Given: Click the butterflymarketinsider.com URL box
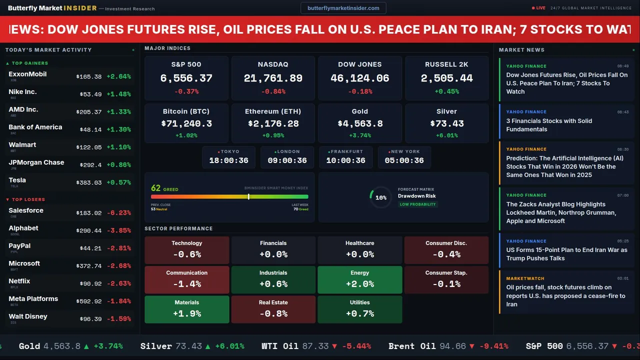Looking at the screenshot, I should pyautogui.click(x=343, y=8).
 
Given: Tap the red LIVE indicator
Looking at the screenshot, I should pyautogui.click(x=539, y=8).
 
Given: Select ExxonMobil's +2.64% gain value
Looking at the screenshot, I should pyautogui.click(x=118, y=76).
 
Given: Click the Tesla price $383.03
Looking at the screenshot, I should pyautogui.click(x=89, y=182).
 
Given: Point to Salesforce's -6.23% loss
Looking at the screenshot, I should pyautogui.click(x=118, y=212).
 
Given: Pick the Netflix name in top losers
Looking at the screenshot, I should pyautogui.click(x=19, y=281).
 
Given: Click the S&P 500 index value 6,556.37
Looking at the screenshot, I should pyautogui.click(x=186, y=78).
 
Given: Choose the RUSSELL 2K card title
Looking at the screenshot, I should pyautogui.click(x=446, y=64).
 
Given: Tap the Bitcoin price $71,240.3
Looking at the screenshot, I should pyautogui.click(x=186, y=123).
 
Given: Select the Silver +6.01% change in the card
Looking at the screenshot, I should pyautogui.click(x=446, y=135).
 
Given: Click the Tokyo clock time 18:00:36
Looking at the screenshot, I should pyautogui.click(x=228, y=160).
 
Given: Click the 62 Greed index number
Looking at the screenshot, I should pyautogui.click(x=156, y=188).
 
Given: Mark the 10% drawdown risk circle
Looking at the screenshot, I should pyautogui.click(x=380, y=197).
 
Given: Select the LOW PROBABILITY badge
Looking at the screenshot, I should pyautogui.click(x=417, y=204).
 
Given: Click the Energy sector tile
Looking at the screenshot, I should pyautogui.click(x=360, y=279).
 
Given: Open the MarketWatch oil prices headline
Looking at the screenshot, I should pyautogui.click(x=565, y=295).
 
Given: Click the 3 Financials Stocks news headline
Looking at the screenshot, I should pyautogui.click(x=549, y=125).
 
